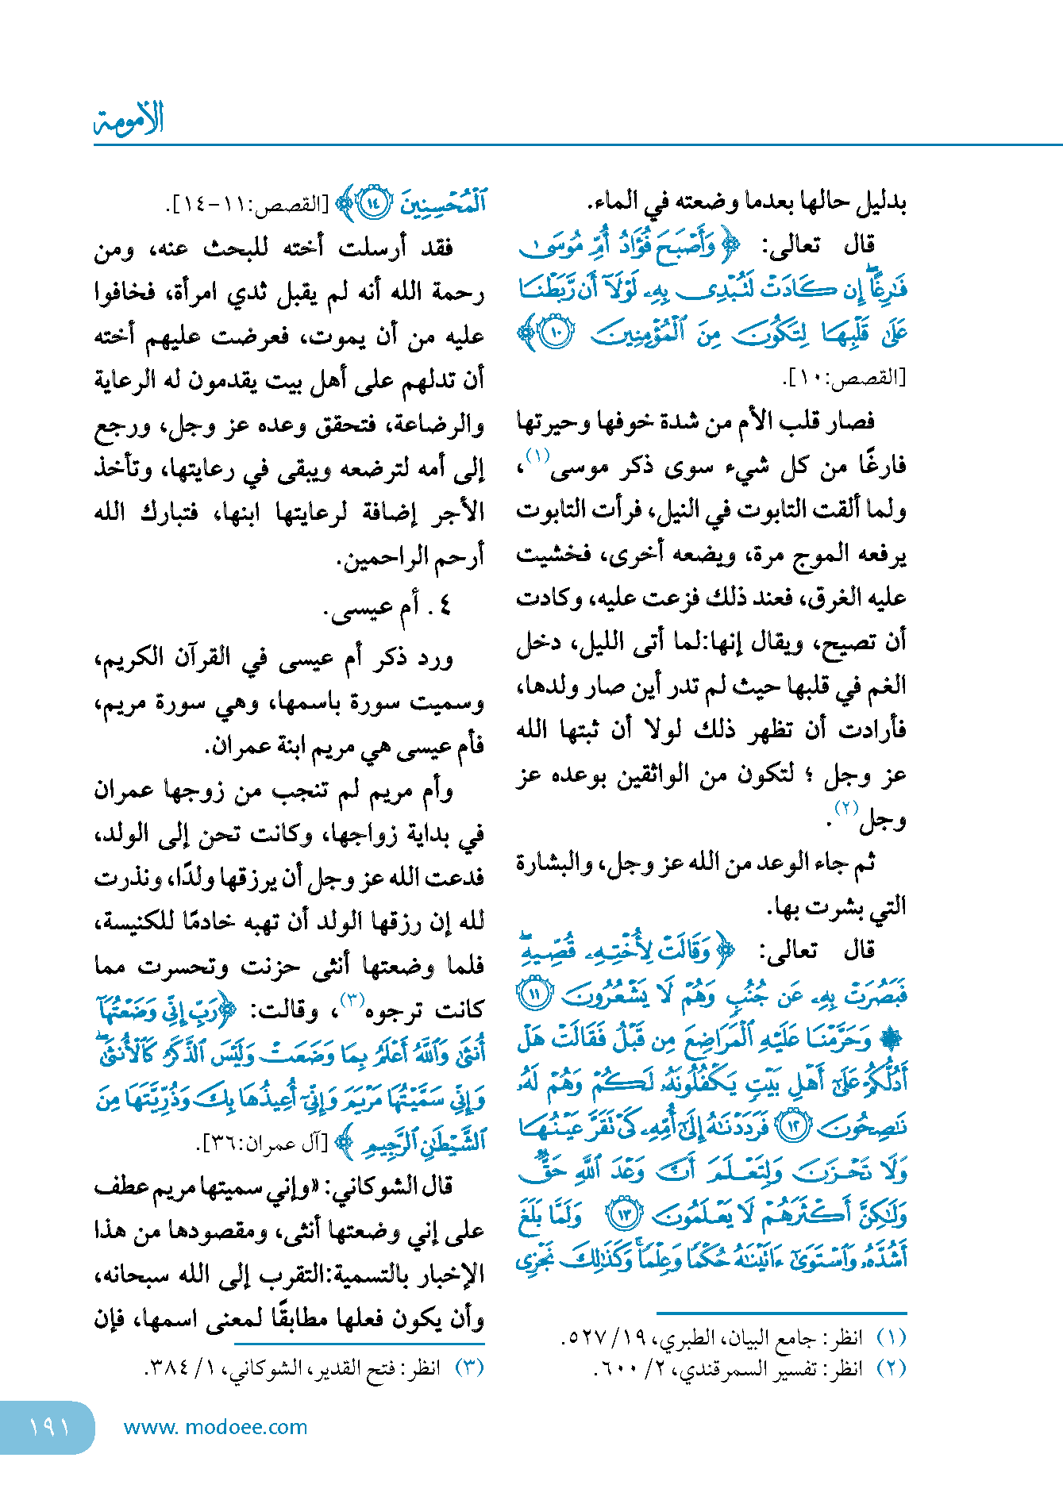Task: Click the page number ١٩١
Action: pos(49,1427)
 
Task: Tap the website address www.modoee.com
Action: pos(215,1427)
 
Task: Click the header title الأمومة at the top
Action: pos(129,119)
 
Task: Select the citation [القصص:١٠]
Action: pos(844,379)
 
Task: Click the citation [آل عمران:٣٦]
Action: pos(262,1144)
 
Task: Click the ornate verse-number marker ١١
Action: pos(537,994)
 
